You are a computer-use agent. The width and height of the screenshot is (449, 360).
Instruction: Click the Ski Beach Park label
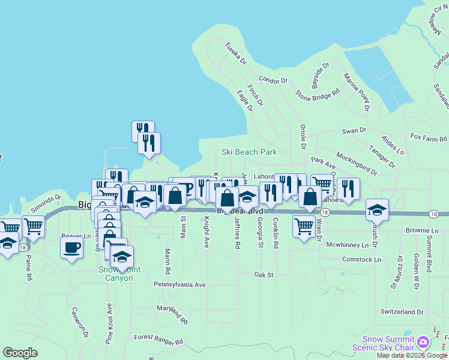click(x=249, y=152)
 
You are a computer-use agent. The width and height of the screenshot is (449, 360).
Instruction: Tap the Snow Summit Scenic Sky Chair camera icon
click(x=424, y=342)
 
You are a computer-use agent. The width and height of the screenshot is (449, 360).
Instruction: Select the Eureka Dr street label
click(x=236, y=53)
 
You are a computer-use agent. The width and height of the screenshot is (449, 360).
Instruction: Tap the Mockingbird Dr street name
click(x=357, y=163)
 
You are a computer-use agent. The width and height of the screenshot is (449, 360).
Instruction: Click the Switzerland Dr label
click(x=402, y=312)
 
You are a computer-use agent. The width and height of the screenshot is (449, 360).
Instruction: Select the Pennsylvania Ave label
click(x=179, y=284)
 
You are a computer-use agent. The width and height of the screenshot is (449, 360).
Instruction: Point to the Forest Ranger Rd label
click(x=158, y=341)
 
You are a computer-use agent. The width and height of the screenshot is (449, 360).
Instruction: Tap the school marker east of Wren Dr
click(x=377, y=209)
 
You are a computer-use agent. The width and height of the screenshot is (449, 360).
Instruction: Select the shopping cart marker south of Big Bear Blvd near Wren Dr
click(x=304, y=227)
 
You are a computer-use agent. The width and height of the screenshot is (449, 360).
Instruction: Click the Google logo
click(x=20, y=353)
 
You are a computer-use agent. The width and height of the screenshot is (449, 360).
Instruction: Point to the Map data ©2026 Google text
click(x=411, y=355)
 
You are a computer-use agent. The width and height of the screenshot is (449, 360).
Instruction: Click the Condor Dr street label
click(x=273, y=80)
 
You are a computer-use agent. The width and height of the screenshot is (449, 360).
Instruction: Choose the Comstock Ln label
click(x=361, y=260)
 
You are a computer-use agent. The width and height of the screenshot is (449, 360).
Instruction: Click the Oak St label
click(x=264, y=275)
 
